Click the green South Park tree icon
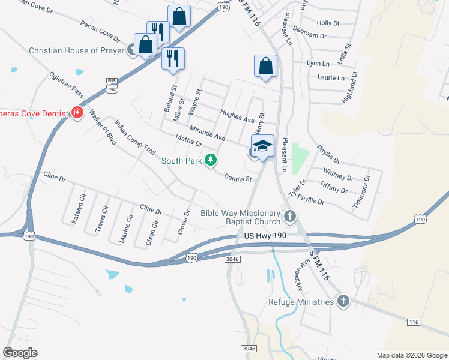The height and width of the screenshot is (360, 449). [x=210, y=160]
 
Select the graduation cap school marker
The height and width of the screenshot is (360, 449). [x=262, y=146]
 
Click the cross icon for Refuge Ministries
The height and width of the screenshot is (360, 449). [x=343, y=301]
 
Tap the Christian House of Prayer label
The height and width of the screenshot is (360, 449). [x=76, y=50]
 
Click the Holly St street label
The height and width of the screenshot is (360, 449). [x=328, y=23]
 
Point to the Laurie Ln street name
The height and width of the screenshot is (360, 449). [x=331, y=78]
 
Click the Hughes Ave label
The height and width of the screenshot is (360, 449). [x=237, y=116]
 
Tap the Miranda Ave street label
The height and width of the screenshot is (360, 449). [x=207, y=134]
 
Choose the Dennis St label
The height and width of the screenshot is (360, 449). [x=237, y=178]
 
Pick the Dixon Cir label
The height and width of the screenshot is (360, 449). [x=152, y=233]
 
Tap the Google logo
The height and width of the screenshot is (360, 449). [x=20, y=353]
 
